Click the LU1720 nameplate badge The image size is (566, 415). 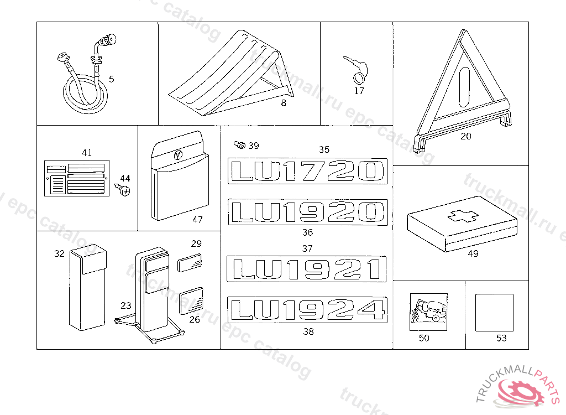tap(307, 170)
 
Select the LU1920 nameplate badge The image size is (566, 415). tap(307, 212)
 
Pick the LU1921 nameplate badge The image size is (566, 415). tap(307, 269)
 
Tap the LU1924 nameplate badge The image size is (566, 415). tap(307, 309)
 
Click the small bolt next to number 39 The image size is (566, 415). tap(240, 146)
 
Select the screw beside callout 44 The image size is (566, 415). tap(125, 190)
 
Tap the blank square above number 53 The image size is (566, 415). tap(494, 313)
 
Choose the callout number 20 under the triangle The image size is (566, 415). tap(466, 136)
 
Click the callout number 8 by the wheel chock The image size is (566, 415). tap(284, 103)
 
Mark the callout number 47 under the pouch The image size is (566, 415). tap(197, 220)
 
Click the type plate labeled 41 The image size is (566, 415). tap(75, 178)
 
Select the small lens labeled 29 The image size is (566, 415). tap(190, 262)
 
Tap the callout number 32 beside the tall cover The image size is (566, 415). tap(59, 253)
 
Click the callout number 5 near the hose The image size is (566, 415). tap(112, 79)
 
